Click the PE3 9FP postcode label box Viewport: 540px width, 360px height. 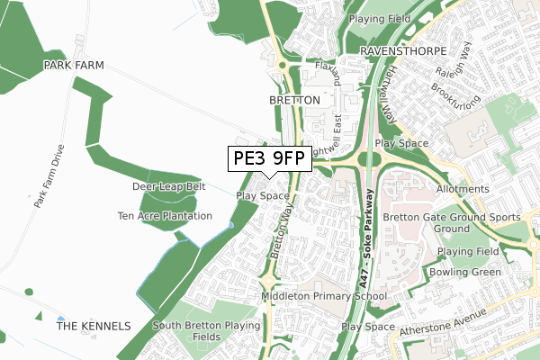tap(268, 159)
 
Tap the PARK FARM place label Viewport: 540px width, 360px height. tap(73, 66)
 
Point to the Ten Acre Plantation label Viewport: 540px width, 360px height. tap(165, 216)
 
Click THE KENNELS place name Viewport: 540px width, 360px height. tap(94, 326)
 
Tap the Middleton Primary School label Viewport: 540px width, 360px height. tap(324, 296)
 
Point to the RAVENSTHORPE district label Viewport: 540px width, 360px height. tap(399, 51)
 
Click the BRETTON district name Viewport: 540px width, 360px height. tap(293, 100)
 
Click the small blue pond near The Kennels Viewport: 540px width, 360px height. tap(60, 319)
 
